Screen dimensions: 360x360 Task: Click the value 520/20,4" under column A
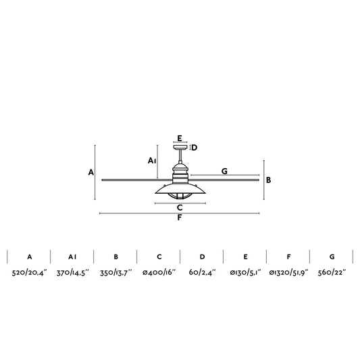(30, 272)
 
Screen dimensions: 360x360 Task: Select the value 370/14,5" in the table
(72, 272)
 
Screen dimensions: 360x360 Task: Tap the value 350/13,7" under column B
(116, 272)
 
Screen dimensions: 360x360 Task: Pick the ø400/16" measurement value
(159, 272)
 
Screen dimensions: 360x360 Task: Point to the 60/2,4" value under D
(202, 272)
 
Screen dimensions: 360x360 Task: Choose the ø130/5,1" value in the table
(245, 272)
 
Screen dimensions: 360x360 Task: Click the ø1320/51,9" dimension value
(288, 272)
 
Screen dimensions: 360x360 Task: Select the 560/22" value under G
(332, 272)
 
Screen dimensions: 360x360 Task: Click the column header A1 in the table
(72, 257)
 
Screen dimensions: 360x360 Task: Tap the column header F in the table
(288, 257)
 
